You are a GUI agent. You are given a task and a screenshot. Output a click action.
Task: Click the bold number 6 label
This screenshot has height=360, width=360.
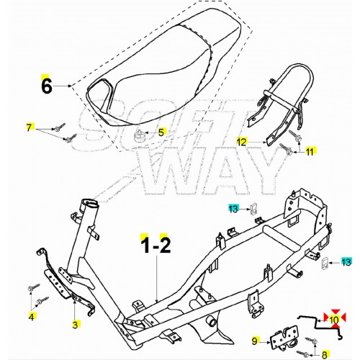pyautogui.click(x=47, y=88)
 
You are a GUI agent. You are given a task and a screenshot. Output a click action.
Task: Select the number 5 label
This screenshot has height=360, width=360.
pyautogui.click(x=161, y=132)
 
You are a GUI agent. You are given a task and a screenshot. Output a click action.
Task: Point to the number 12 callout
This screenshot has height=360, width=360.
pyautogui.click(x=242, y=141)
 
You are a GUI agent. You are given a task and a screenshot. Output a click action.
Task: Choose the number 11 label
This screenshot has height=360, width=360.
pyautogui.click(x=310, y=152)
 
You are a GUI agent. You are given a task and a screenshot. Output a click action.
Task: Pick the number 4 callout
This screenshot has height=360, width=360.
pyautogui.click(x=31, y=316)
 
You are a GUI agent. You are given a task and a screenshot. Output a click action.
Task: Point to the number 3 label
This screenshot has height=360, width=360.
pyautogui.click(x=75, y=325)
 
